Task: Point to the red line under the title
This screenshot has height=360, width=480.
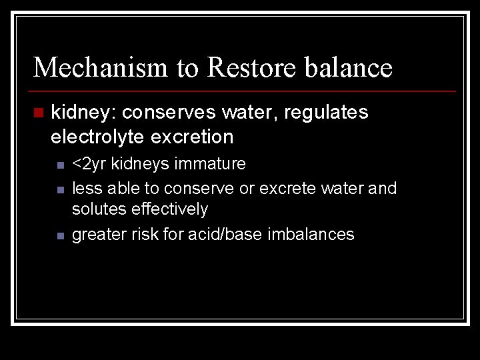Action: point(244,91)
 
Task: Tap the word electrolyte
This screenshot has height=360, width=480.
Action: point(97,137)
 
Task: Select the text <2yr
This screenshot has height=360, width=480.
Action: point(89,164)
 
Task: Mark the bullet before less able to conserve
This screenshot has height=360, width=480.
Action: point(59,190)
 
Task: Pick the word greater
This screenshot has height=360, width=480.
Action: point(97,235)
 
